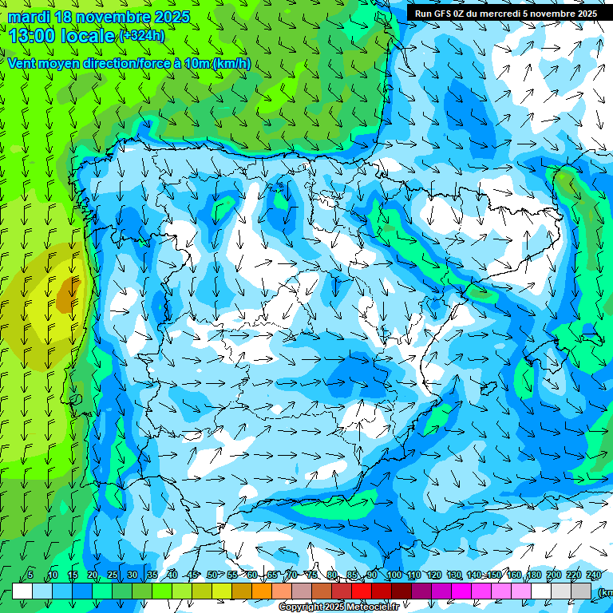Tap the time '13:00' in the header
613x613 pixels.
36,35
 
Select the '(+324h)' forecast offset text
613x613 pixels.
142,35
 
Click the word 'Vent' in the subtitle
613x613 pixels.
24,64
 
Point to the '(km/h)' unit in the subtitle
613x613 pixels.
231,64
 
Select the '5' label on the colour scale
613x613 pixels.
30,575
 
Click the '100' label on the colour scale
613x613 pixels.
394,575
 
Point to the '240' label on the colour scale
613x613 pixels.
593,575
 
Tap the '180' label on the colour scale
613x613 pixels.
533,575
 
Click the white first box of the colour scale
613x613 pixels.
22,591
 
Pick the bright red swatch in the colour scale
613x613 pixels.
362,591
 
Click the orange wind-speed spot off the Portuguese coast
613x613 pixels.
69,295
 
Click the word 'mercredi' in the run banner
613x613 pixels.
499,14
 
